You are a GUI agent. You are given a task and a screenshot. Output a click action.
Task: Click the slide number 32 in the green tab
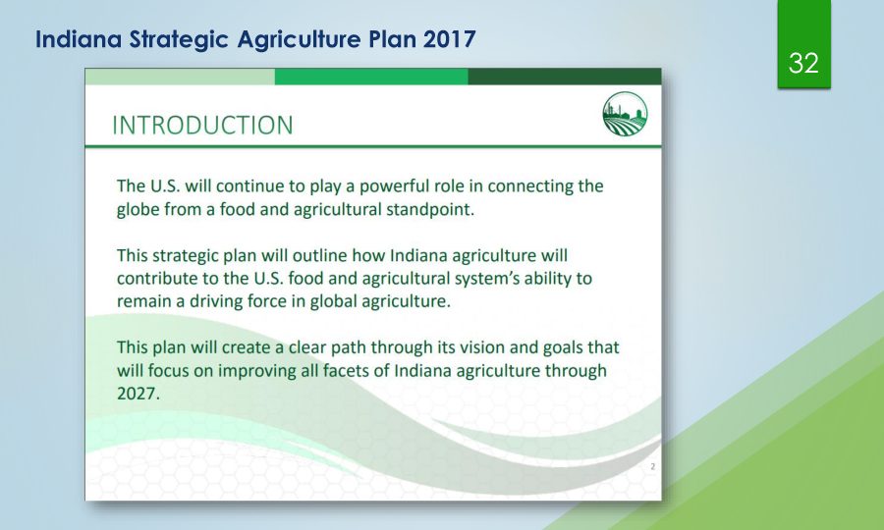(x=803, y=63)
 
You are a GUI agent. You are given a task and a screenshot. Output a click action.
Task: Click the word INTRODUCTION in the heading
(x=202, y=125)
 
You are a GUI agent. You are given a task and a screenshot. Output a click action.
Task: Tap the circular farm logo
(x=625, y=114)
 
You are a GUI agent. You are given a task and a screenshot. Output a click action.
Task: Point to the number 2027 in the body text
(x=138, y=394)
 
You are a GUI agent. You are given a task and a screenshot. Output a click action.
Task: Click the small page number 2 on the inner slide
(x=653, y=466)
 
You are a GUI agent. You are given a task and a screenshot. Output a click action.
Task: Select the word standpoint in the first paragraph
(x=429, y=209)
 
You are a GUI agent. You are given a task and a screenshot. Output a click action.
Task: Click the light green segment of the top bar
(x=180, y=77)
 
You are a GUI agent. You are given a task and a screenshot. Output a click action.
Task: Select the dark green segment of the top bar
(x=565, y=77)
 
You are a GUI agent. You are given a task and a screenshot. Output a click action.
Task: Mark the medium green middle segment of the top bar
(x=371, y=77)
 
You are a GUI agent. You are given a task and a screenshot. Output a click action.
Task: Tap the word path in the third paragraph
(x=349, y=346)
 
